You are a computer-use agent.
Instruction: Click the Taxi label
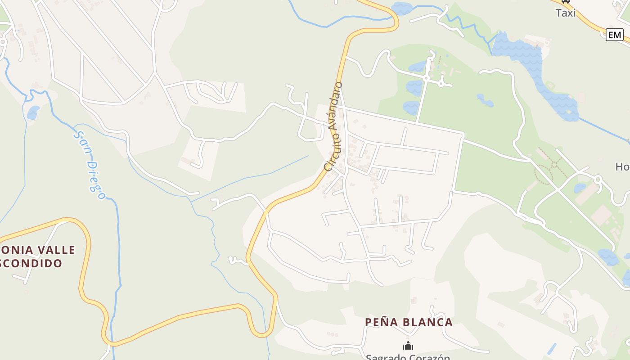[566, 13]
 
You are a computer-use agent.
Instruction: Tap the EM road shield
[614, 35]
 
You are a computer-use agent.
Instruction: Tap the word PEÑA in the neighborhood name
[381, 322]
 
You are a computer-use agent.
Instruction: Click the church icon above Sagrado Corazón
[408, 346]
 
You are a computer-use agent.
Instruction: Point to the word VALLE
[56, 250]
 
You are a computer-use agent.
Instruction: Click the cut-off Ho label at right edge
[622, 166]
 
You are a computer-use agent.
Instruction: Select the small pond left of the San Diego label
[33, 112]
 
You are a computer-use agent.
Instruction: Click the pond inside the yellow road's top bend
[402, 8]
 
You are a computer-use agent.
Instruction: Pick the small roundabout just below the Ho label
[598, 179]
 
